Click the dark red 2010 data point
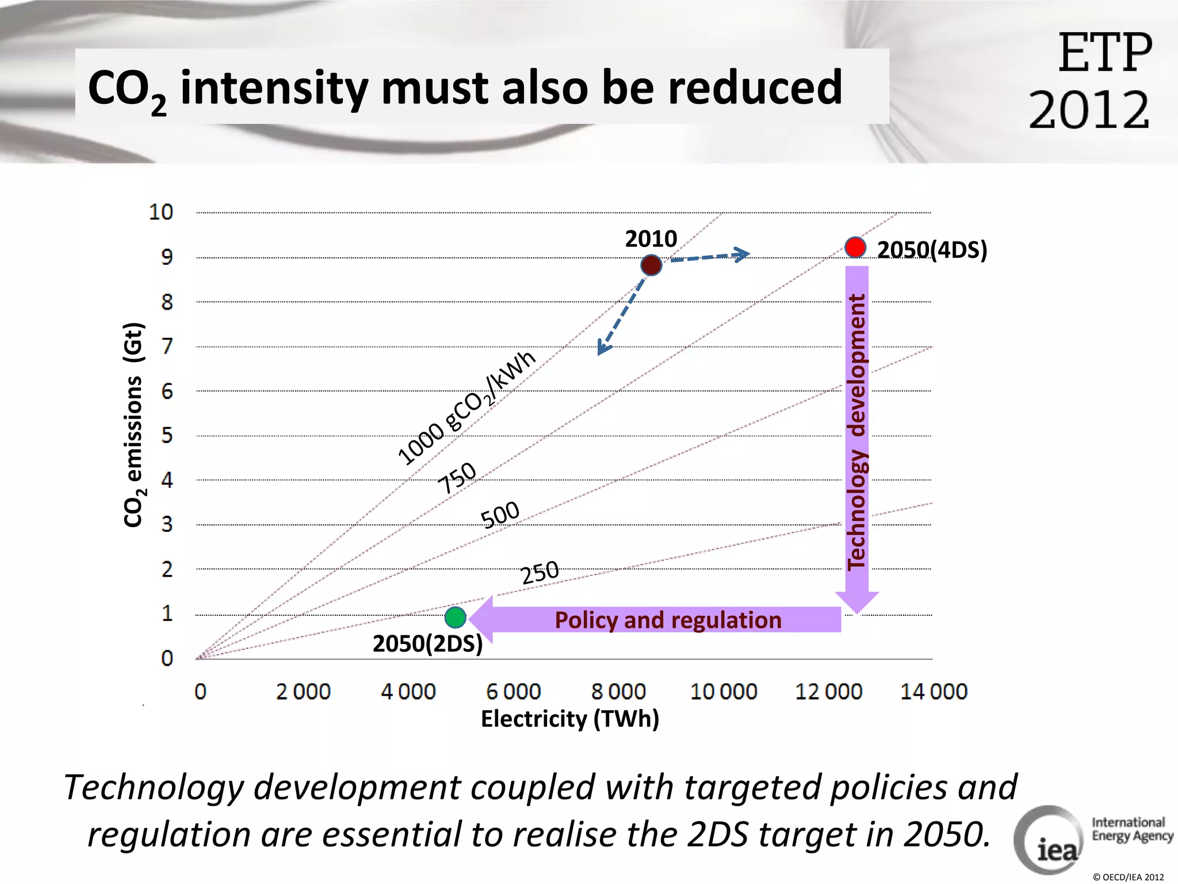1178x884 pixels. click(651, 265)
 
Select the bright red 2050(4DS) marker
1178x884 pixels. click(855, 247)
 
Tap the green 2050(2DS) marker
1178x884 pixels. click(456, 618)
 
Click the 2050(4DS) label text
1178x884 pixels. click(932, 250)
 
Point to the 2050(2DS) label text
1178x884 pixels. click(427, 643)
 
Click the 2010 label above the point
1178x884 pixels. click(651, 239)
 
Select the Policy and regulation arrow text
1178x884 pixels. click(668, 620)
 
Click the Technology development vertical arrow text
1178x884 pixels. click(856, 432)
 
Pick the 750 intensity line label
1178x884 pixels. click(457, 477)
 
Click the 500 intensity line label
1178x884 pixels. click(500, 514)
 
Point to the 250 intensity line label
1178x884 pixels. click(540, 572)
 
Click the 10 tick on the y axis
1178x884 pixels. click(161, 212)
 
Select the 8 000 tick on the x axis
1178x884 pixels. click(618, 691)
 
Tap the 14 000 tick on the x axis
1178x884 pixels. click(934, 691)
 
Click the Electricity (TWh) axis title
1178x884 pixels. click(569, 719)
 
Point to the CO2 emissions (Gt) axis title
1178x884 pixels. click(133, 425)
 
